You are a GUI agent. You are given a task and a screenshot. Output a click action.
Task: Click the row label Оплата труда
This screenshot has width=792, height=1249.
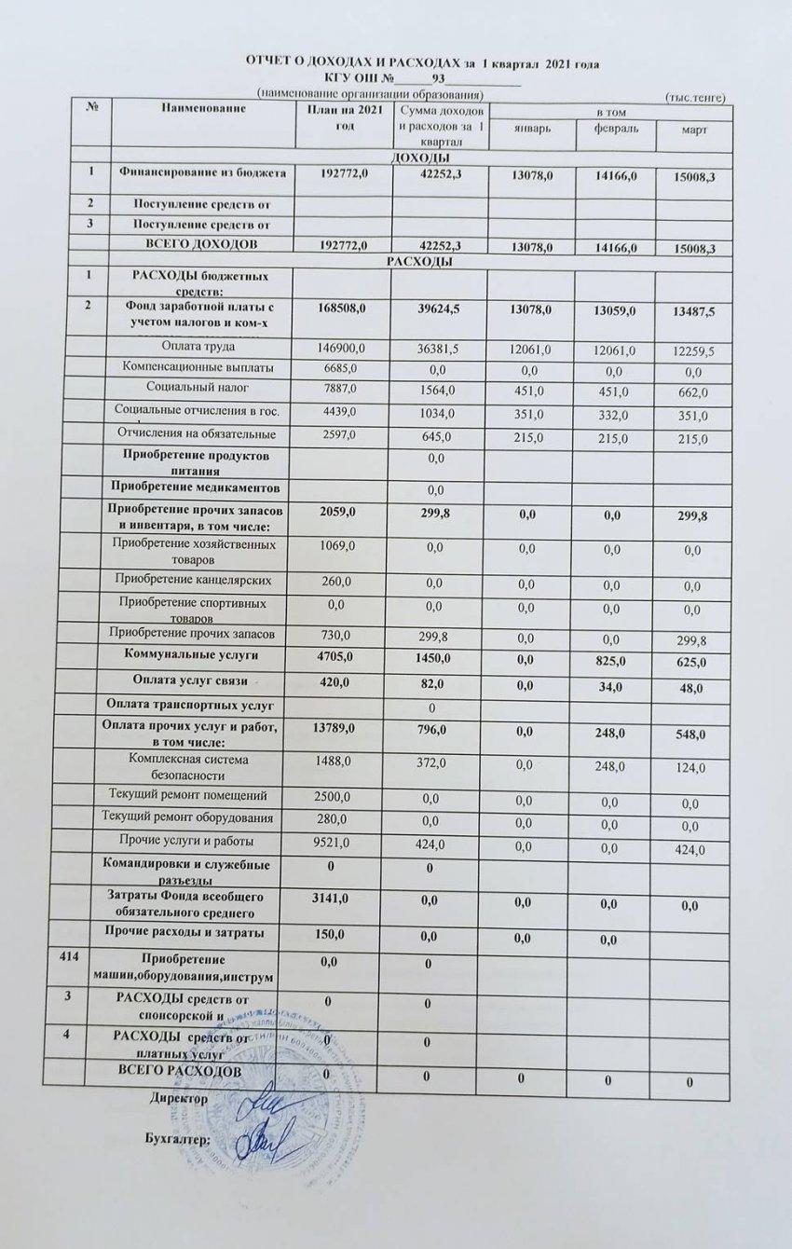tap(195, 348)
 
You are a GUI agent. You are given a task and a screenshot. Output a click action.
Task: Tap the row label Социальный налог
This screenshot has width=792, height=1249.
tap(198, 389)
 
